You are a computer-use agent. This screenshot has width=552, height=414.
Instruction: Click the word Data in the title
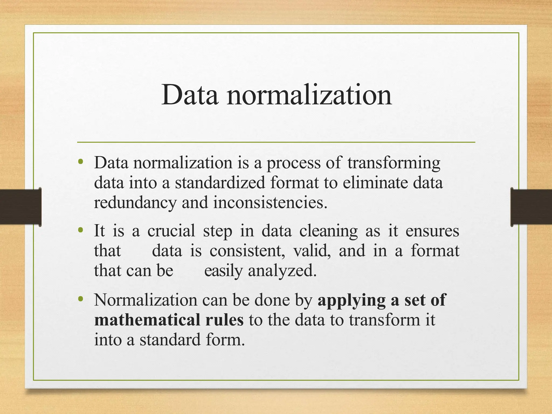point(190,95)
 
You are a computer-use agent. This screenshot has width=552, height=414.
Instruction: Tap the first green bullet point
point(80,162)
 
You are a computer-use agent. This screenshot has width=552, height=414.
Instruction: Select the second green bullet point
point(80,230)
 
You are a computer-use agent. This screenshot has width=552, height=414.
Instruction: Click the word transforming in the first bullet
point(394,163)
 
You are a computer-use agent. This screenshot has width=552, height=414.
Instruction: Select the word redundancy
point(135,203)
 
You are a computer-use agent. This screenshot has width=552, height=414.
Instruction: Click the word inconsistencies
point(270,202)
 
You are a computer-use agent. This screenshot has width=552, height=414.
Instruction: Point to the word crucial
point(171,231)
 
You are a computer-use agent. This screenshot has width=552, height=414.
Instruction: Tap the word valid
point(312,251)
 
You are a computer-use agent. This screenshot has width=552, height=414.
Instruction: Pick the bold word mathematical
point(147,320)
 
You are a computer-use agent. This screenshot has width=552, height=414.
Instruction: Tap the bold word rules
point(224,320)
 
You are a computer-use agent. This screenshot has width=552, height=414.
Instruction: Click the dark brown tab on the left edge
point(20,207)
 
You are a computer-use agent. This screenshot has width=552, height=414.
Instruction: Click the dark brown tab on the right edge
point(531,207)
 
